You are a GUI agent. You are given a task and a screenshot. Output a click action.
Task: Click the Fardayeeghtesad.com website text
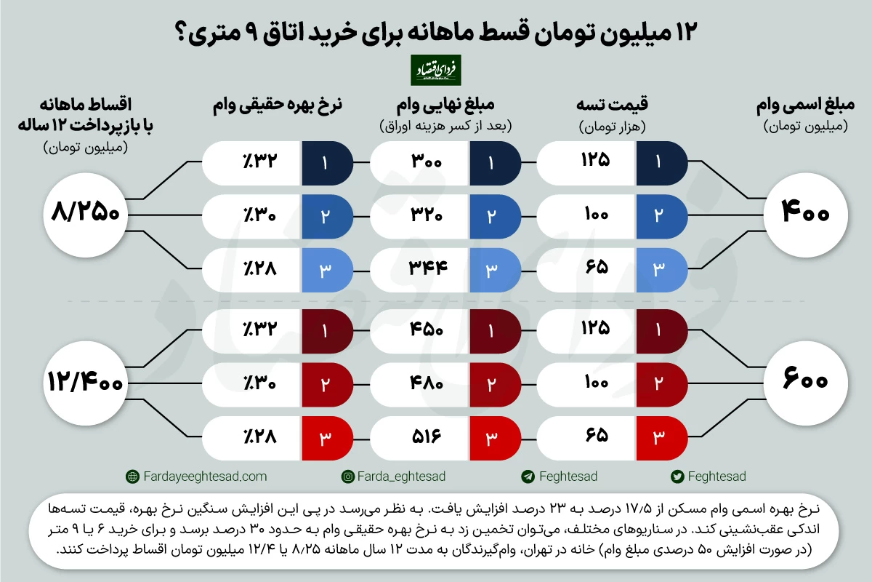[x=205, y=477]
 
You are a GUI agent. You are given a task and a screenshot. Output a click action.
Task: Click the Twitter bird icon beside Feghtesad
[x=677, y=477]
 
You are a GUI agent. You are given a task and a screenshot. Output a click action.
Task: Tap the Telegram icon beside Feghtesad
[x=528, y=477]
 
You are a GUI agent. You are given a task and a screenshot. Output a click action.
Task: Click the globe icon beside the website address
[x=132, y=477]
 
